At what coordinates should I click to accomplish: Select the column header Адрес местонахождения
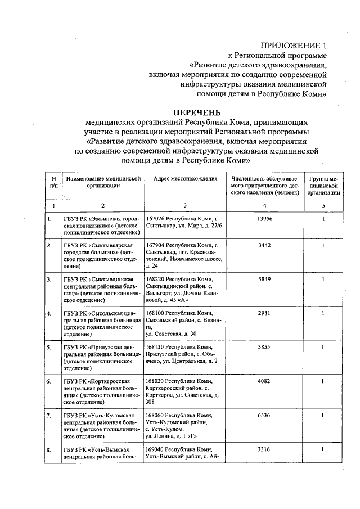click(x=181, y=178)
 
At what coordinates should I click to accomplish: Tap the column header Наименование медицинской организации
click(x=103, y=182)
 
